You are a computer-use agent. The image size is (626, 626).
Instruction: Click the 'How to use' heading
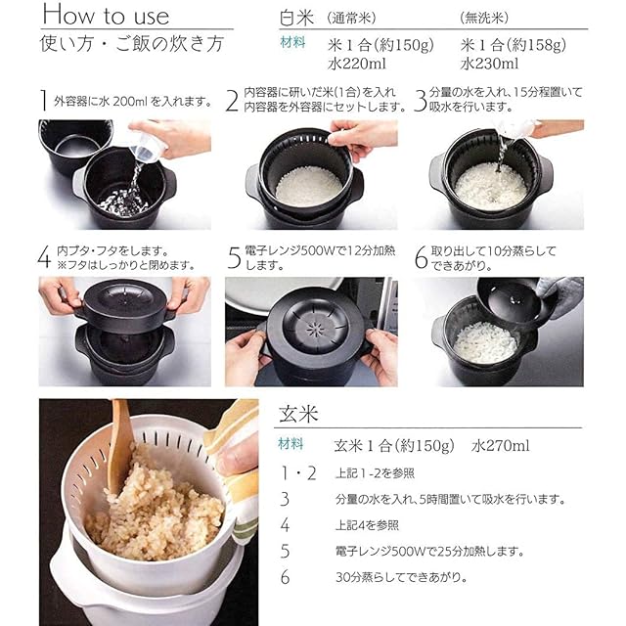(x=106, y=16)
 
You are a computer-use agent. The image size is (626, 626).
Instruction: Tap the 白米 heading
(x=296, y=18)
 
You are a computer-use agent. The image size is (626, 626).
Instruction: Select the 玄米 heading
(x=298, y=414)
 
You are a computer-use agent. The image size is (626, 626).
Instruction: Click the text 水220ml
(x=356, y=64)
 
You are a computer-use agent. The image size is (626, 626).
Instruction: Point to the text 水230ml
(x=489, y=64)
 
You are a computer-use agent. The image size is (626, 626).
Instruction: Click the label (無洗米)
(x=484, y=18)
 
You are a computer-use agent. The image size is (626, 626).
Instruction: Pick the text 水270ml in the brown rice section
(x=500, y=446)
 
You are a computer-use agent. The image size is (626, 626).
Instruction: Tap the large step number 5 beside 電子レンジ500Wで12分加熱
(x=235, y=257)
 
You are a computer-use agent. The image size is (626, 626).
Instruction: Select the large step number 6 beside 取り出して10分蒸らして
(x=421, y=257)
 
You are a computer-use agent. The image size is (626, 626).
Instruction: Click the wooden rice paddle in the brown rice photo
(x=121, y=444)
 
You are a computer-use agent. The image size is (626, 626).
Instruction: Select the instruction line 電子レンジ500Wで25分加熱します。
(x=429, y=552)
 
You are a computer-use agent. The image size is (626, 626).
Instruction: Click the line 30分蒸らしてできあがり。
(x=401, y=577)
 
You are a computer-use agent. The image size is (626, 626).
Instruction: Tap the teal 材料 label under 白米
(x=293, y=42)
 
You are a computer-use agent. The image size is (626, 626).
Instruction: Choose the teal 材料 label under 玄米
(x=291, y=443)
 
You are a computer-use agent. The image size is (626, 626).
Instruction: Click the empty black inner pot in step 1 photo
(x=76, y=145)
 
